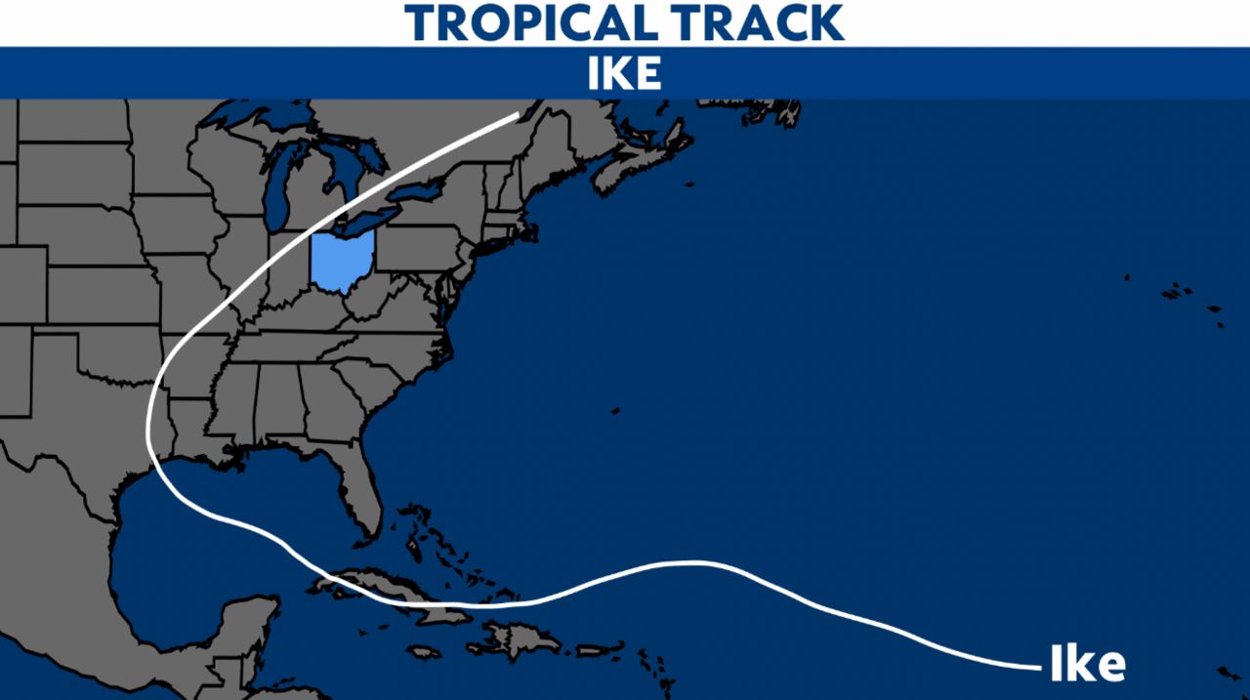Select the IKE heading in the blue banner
click(624, 74)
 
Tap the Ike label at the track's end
click(1087, 665)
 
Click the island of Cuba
click(391, 592)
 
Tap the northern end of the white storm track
click(518, 115)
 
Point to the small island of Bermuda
click(615, 411)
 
